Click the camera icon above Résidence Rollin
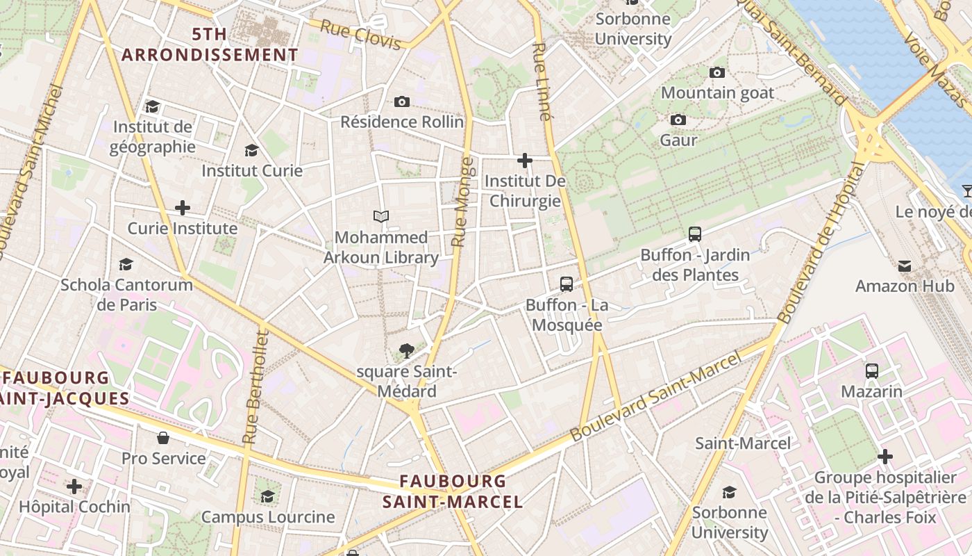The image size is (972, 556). (401, 102)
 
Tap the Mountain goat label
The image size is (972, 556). (717, 92)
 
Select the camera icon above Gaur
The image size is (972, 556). (678, 120)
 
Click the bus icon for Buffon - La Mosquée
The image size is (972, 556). (567, 284)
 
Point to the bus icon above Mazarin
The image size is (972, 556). (872, 371)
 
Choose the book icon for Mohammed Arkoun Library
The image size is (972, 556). (380, 217)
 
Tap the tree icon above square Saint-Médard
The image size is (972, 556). (407, 351)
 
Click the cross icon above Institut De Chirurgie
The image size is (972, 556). (525, 161)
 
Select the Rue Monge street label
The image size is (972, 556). (462, 202)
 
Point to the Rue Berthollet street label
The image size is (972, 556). (255, 388)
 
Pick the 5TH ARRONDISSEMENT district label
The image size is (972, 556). (210, 44)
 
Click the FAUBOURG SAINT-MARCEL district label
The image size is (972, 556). (453, 491)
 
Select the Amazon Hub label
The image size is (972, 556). (904, 286)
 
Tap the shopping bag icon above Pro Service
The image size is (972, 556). (163, 438)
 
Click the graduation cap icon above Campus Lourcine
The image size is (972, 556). (267, 496)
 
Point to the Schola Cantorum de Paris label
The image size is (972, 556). (126, 295)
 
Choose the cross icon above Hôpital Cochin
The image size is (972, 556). (74, 486)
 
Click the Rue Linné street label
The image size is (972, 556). (542, 82)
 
